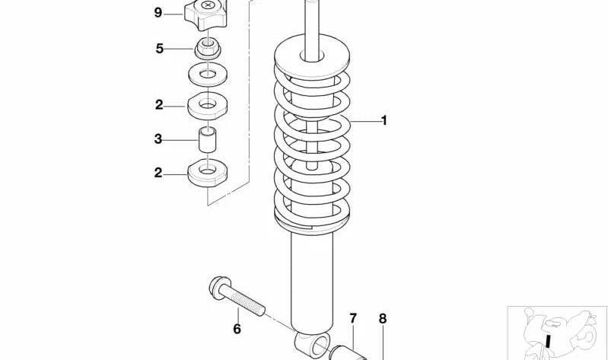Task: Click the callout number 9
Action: [x=158, y=13]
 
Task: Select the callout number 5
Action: [x=159, y=49]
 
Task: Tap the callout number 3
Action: [x=158, y=139]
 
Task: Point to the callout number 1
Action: [x=384, y=121]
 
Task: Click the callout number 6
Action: [x=237, y=329]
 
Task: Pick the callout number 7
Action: [x=353, y=318]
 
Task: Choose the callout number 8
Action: [x=383, y=318]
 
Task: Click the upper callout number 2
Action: [x=159, y=105]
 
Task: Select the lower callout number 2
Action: [x=158, y=173]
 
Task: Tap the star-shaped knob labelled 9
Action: [x=205, y=14]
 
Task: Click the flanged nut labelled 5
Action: [x=208, y=49]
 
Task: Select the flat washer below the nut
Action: [x=208, y=74]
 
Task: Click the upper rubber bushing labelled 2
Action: [x=208, y=106]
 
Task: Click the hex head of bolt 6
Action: [x=218, y=287]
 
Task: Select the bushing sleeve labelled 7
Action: [x=349, y=352]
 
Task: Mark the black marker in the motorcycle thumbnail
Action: [x=548, y=342]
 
